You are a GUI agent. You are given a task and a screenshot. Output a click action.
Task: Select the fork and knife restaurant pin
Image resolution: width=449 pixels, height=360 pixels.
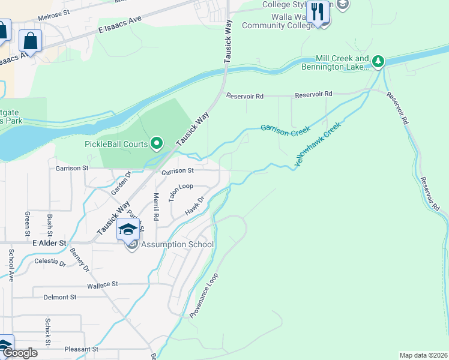point(318,11)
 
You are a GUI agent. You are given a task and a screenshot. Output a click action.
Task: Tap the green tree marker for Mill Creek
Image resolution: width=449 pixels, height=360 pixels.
point(378,61)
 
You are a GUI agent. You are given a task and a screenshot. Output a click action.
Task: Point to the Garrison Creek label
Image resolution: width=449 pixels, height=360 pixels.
point(285,129)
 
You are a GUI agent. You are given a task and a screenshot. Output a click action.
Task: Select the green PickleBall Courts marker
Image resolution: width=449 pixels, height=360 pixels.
point(157,143)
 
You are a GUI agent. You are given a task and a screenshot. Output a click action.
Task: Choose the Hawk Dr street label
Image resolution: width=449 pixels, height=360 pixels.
point(195,206)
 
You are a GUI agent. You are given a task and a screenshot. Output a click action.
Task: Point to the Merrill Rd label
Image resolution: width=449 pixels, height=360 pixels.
point(156,206)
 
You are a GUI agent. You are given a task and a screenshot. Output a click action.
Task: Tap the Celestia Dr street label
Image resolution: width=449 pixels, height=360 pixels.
point(50,262)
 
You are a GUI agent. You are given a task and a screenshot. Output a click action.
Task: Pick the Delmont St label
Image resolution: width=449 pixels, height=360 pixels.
point(60,297)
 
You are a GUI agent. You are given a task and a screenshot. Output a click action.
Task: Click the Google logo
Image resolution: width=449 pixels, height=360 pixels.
point(19,353)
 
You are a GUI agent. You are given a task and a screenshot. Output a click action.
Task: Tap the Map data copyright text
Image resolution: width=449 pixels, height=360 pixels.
point(423,355)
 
